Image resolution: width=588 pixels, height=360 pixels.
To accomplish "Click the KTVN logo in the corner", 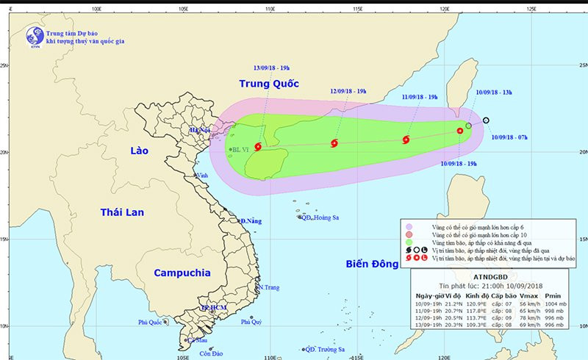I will click(x=33, y=36).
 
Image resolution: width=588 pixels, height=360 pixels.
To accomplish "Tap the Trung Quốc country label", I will click(x=268, y=84).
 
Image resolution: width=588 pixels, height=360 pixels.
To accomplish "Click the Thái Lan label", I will click(x=122, y=212).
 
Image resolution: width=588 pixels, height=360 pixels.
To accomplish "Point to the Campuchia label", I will click(x=183, y=273).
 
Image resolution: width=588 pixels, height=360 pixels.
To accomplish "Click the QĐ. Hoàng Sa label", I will click(x=318, y=217).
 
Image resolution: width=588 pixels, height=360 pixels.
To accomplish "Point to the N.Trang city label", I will click(x=270, y=287).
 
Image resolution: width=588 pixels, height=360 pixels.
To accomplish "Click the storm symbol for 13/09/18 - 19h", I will click(x=257, y=147).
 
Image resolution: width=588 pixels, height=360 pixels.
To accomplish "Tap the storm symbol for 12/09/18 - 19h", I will click(x=334, y=143).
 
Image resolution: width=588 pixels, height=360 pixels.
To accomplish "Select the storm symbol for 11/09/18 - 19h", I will click(x=406, y=140).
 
